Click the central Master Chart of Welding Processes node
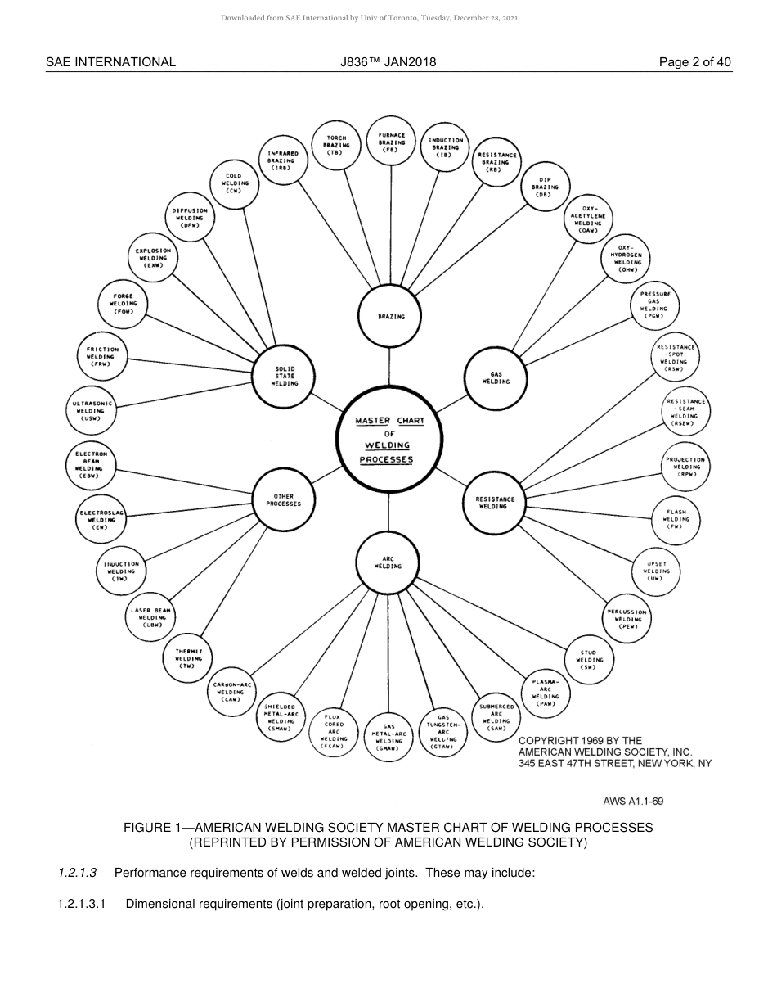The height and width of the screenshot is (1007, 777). pyautogui.click(x=388, y=439)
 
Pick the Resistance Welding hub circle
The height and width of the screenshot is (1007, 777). pyautogui.click(x=494, y=502)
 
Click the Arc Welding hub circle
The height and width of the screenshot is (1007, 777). pyautogui.click(x=388, y=563)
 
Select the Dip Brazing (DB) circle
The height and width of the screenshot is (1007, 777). pyautogui.click(x=544, y=187)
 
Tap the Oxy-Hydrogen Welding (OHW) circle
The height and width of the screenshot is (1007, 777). pyautogui.click(x=627, y=258)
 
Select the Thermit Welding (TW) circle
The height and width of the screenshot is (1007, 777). pyautogui.click(x=188, y=658)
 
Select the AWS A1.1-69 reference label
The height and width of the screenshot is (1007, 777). pyautogui.click(x=633, y=802)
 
